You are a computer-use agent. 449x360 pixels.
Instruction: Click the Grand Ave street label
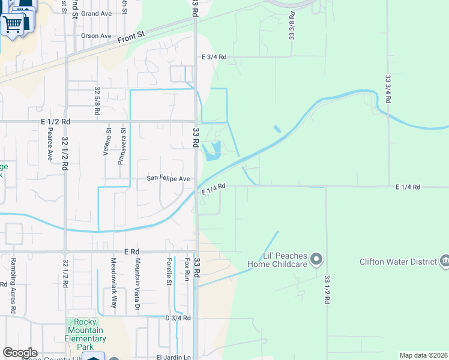97,13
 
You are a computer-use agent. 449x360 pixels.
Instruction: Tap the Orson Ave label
96,36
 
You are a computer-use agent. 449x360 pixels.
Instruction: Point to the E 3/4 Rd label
214,57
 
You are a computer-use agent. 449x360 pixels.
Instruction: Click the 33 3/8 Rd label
292,25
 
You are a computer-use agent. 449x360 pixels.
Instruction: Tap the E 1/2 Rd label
56,121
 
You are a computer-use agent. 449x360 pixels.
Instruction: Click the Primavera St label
122,145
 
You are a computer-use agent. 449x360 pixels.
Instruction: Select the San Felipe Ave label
169,179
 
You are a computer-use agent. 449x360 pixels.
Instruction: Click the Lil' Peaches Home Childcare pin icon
318,260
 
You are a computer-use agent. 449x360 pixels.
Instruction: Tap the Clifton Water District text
397,262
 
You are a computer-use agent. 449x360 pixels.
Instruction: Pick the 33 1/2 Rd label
327,290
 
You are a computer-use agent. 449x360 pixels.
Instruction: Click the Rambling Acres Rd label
12,286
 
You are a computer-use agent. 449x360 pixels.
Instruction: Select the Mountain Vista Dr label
137,284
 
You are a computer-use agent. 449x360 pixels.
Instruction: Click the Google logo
20,353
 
